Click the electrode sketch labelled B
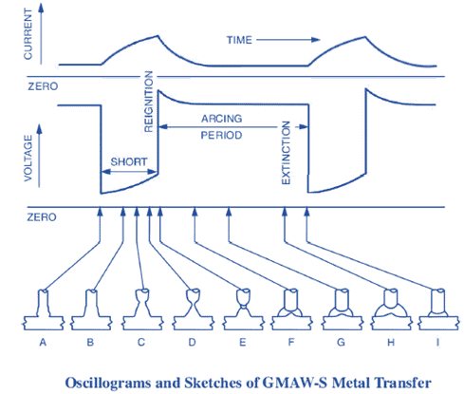point(92,303)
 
